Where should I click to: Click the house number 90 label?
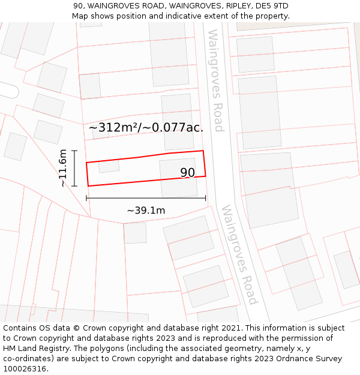tap(187, 173)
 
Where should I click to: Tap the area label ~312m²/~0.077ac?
tap(146, 127)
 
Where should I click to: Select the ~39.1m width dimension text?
tap(146, 211)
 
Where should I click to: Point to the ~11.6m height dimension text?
tap(63, 168)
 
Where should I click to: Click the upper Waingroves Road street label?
tap(214, 80)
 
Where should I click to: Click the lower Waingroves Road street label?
tap(239, 254)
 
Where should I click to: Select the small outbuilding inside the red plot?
tap(109, 166)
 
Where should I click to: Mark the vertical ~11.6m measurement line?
tap(74, 168)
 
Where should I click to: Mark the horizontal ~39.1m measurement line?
tap(146, 198)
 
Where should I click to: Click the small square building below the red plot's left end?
tap(135, 233)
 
